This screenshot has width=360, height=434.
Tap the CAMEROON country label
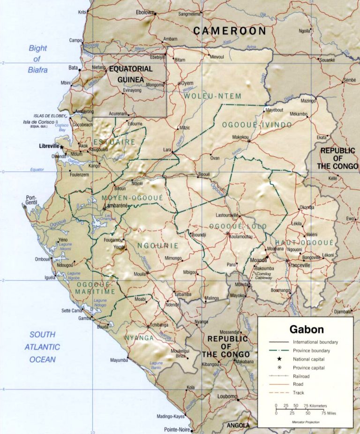230,31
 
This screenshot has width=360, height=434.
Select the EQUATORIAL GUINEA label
131,74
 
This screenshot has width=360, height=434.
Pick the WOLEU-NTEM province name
212,96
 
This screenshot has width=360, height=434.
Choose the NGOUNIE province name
158,245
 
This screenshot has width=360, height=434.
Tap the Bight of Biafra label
37,59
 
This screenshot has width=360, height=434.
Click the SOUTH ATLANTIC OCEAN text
42,347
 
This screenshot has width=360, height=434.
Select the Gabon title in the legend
306,329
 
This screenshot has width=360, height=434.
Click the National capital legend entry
308,359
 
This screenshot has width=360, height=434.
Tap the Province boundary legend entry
311,351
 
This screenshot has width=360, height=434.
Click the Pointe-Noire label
177,429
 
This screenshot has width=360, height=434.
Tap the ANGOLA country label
238,426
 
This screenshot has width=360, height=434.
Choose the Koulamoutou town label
241,237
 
